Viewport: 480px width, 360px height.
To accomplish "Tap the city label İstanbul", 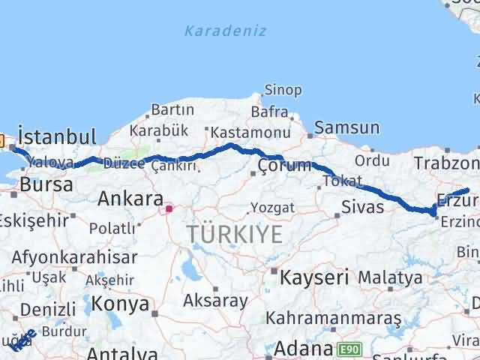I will pos(57,137).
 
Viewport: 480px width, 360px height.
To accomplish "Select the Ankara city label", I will pos(130,199).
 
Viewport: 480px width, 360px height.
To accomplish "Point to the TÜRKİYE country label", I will pos(235,235).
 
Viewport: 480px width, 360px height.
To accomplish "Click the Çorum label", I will pos(284,166).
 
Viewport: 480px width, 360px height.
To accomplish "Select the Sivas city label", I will pos(361,205).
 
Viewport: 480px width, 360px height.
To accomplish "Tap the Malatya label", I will pos(389,277).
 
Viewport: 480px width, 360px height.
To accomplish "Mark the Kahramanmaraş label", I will pos(334,319).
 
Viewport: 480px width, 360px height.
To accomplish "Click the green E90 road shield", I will pos(349,349).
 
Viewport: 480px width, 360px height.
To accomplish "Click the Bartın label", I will pos(172,110).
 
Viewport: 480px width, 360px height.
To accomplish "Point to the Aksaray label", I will pos(216,301).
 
